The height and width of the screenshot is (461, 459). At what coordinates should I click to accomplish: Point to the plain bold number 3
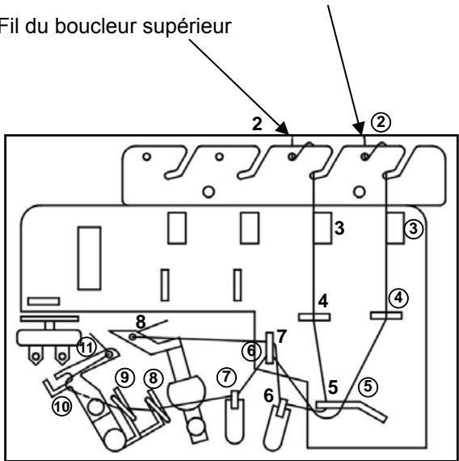[341, 229]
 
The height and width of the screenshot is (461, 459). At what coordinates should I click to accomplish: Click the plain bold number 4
[322, 301]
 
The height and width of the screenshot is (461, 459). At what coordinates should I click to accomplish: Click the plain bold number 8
[141, 320]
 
